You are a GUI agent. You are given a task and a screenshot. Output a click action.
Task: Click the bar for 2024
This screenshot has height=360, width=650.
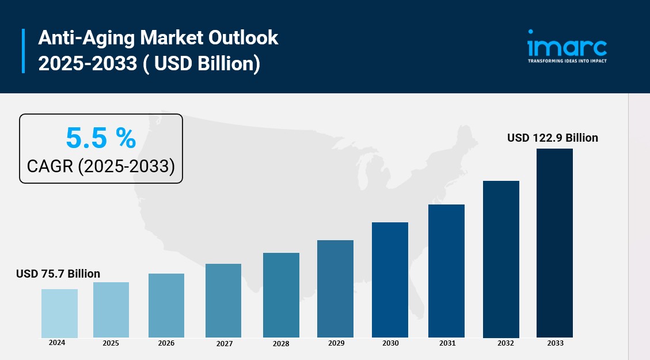click(x=59, y=313)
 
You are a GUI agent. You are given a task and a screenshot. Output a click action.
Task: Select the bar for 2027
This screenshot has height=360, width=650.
click(x=223, y=301)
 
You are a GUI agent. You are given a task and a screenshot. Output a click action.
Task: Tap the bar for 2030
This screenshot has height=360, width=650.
click(x=390, y=280)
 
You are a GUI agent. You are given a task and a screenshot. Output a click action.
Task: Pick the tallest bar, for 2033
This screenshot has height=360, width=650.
click(x=554, y=243)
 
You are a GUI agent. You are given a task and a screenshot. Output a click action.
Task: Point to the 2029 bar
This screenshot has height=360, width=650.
click(x=336, y=289)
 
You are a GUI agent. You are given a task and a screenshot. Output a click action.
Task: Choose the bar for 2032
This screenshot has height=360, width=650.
click(x=501, y=259)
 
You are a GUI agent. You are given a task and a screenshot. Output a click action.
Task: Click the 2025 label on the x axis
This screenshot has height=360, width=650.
click(x=111, y=343)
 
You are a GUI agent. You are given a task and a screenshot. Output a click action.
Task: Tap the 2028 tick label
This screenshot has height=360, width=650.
click(x=280, y=343)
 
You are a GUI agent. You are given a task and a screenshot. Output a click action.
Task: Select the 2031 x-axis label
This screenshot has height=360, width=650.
click(x=447, y=343)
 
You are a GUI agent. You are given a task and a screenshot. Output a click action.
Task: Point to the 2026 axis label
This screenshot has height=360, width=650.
click(x=166, y=343)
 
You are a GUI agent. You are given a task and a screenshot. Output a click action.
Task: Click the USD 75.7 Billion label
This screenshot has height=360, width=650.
click(x=58, y=274)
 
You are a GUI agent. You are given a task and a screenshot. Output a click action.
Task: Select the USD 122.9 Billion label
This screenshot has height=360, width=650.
click(x=553, y=138)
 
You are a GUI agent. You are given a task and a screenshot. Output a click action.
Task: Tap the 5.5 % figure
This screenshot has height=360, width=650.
click(x=101, y=138)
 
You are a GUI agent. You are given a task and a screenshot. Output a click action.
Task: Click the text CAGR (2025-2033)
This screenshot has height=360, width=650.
click(x=101, y=166)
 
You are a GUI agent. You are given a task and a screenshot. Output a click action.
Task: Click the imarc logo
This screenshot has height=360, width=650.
click(x=567, y=43)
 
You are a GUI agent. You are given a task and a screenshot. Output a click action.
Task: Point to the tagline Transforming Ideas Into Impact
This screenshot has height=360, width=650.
click(x=567, y=61)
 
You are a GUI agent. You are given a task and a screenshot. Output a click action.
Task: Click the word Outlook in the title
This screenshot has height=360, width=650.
click(x=243, y=38)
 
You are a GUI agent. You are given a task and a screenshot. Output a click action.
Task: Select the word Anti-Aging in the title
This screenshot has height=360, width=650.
click(x=86, y=39)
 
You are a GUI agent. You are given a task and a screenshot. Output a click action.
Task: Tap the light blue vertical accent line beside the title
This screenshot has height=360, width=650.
click(x=23, y=51)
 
